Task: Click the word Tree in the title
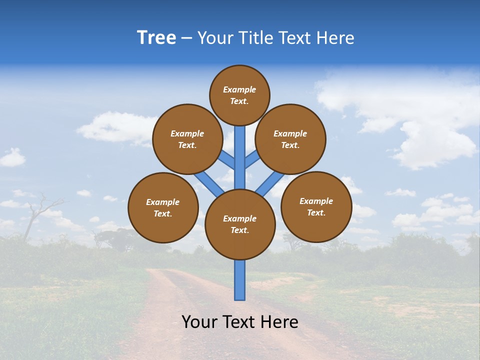[156, 38]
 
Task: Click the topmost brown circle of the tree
[239, 95]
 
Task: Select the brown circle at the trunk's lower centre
[240, 224]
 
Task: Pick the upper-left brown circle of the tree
[187, 139]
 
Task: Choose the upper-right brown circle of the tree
[290, 139]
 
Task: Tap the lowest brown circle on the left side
[163, 207]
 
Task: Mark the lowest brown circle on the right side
[316, 206]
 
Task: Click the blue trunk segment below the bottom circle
[240, 280]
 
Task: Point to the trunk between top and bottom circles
[240, 157]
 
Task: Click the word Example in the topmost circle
[239, 90]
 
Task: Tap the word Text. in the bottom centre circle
[240, 230]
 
